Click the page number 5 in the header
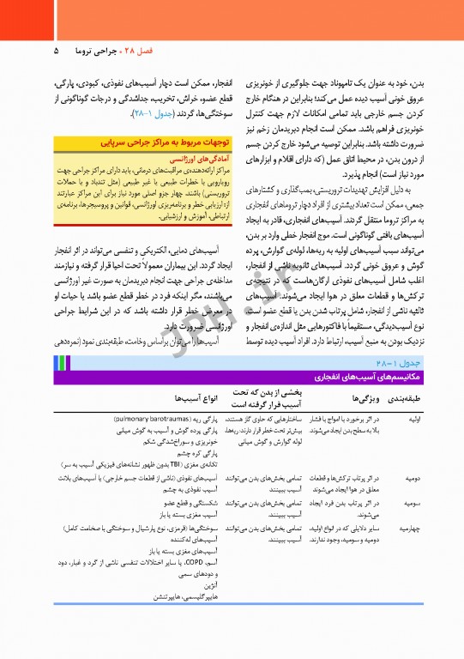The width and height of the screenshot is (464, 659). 55,51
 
